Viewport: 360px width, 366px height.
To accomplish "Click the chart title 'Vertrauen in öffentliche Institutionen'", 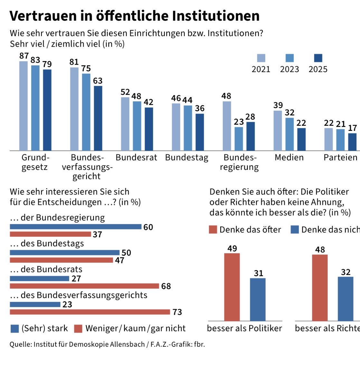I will tap(134, 16).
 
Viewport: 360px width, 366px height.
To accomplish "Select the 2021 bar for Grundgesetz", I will tap(24, 106).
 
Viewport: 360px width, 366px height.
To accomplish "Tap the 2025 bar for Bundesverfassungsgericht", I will tap(98, 118).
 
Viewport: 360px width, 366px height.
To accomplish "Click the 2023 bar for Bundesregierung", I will tap(239, 139).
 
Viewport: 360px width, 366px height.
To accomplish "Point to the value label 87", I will tap(24, 56).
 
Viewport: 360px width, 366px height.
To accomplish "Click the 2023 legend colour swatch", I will tap(289, 58).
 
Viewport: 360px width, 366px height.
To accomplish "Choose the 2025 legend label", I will tap(318, 69).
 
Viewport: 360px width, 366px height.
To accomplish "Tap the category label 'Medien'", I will tap(289, 158).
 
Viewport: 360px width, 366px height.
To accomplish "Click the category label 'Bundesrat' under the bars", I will tap(136, 158).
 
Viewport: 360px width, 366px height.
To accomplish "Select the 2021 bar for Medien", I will tap(278, 131).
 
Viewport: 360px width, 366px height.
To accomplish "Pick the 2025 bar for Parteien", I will tap(352, 142).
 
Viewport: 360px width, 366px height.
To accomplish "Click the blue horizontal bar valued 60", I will tap(76, 227).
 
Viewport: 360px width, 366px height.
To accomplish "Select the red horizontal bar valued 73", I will tap(90, 312).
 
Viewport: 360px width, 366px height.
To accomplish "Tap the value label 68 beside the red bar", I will tap(166, 286).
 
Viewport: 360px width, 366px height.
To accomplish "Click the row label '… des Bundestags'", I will tap(47, 243).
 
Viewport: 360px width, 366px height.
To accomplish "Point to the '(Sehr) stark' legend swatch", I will tap(14, 328).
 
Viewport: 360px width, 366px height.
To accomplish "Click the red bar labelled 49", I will tap(232, 287).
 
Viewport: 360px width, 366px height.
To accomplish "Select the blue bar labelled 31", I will tap(258, 299).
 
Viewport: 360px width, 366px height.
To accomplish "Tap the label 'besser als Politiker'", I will tap(244, 328).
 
